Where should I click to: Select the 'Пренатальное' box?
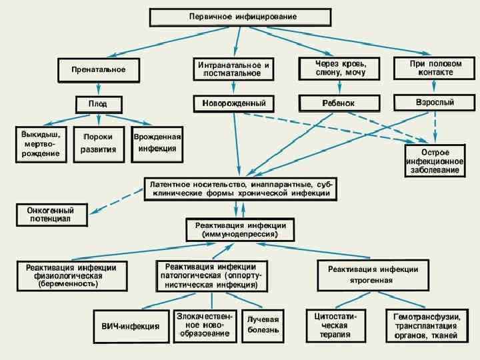(98, 69)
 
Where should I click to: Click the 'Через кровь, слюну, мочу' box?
(340, 67)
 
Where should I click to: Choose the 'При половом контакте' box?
(435, 67)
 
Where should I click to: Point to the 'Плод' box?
(98, 104)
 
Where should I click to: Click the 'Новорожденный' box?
(233, 103)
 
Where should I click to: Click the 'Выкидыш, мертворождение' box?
(41, 144)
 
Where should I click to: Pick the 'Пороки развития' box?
(98, 143)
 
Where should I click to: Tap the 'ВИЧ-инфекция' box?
(131, 326)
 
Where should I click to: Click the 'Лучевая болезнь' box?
(263, 325)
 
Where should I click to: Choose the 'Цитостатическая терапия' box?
(335, 325)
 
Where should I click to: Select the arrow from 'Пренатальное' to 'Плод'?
(98, 89)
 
